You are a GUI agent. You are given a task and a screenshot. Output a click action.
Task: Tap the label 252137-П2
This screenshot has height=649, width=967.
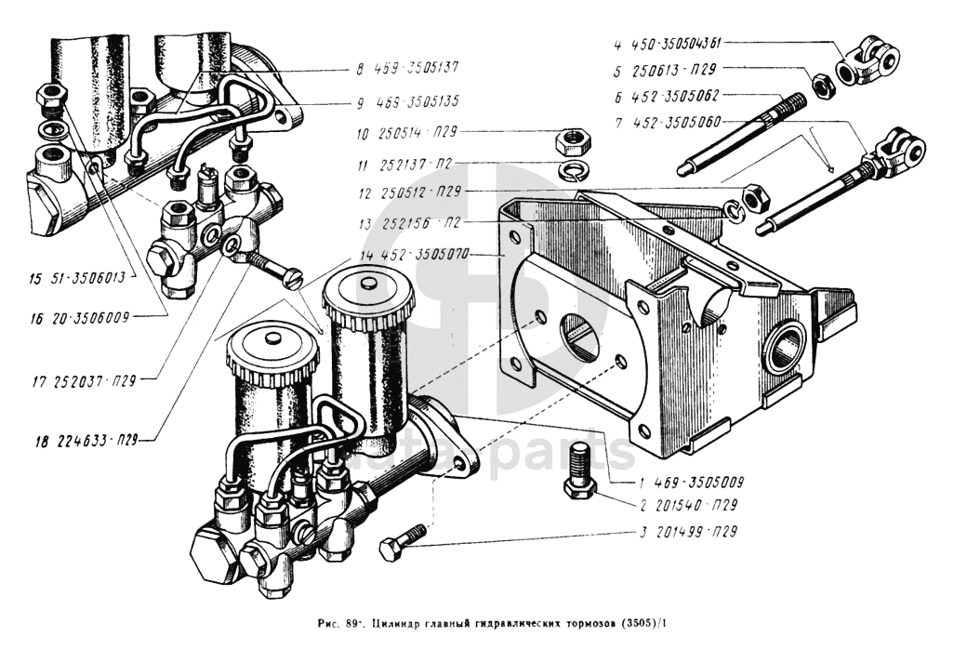click(x=416, y=163)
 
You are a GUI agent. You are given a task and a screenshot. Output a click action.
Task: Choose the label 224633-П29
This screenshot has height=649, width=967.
click(x=81, y=440)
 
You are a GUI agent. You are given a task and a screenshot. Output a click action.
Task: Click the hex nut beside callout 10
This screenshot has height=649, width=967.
click(x=570, y=140)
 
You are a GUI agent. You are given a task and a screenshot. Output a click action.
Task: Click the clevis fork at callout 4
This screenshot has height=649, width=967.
click(x=872, y=59)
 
